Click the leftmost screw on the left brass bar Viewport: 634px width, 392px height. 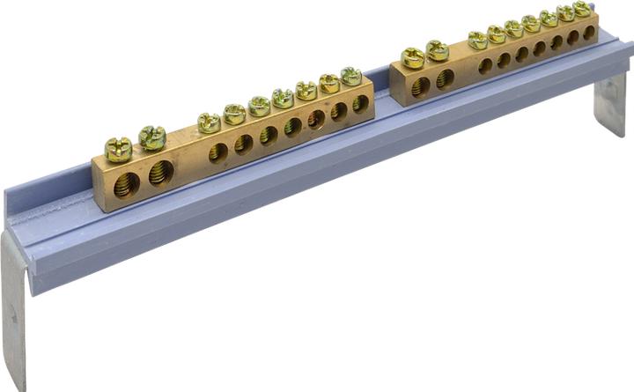[118, 148]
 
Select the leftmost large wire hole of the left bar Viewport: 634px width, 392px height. [127, 184]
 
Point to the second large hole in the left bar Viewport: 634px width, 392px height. [161, 172]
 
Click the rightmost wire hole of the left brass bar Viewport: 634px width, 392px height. [360, 104]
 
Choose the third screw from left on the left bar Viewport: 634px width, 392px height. [209, 122]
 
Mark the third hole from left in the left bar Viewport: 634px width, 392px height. [217, 152]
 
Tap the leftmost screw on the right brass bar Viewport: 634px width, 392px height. [413, 58]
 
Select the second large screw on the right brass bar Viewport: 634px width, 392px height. [437, 51]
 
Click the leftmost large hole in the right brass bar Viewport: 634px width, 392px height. [421, 86]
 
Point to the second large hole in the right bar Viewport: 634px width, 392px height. [445, 78]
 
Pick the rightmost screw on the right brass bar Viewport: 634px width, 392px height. [582, 9]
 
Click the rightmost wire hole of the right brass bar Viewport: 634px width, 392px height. [589, 33]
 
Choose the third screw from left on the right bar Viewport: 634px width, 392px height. [478, 40]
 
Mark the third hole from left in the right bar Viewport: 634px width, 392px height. [485, 65]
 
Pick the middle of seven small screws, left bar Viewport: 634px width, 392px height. [283, 98]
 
